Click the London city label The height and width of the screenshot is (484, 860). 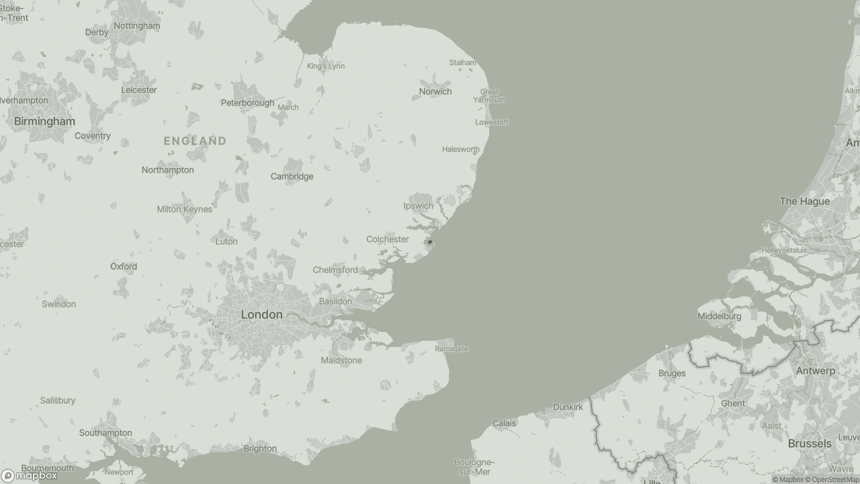[x=261, y=315]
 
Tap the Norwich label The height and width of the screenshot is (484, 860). [x=435, y=91]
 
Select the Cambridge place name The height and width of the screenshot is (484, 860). [x=292, y=177]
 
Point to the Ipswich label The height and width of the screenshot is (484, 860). [x=418, y=206]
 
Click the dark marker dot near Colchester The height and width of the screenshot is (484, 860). [x=430, y=242]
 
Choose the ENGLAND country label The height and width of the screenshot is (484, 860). [x=195, y=141]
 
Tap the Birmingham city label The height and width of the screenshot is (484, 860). [x=44, y=122]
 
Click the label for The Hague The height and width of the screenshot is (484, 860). [x=804, y=202]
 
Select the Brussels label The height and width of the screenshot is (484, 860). [x=810, y=444]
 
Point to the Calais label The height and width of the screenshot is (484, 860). [x=504, y=424]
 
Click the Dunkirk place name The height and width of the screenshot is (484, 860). [x=568, y=407]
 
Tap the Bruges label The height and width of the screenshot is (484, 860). [x=672, y=374]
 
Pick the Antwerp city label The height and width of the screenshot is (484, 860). [x=815, y=371]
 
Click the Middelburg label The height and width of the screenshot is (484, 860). [x=719, y=317]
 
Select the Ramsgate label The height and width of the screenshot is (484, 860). [x=451, y=349]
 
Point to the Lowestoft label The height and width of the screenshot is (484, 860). [x=492, y=122]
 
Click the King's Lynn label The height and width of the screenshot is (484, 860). [x=325, y=66]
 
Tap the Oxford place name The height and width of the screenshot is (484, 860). [x=124, y=267]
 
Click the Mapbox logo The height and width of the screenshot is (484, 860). [x=29, y=476]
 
